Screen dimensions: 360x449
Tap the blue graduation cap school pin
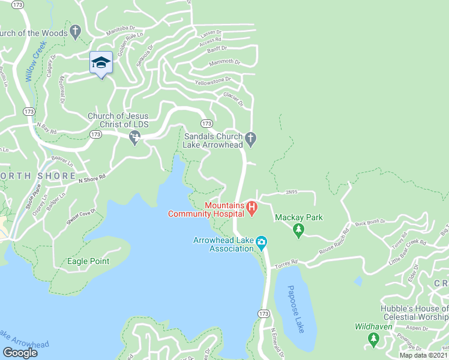pyautogui.click(x=101, y=63)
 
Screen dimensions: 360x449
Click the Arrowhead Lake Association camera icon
pyautogui.click(x=261, y=243)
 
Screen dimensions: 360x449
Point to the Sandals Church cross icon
pyautogui.click(x=252, y=140)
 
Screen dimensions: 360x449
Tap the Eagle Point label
pyautogui.click(x=88, y=261)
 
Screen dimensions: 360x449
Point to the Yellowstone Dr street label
pyautogui.click(x=212, y=80)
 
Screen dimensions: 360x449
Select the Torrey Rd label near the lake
pyautogui.click(x=286, y=263)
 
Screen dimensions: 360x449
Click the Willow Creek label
pyautogui.click(x=32, y=64)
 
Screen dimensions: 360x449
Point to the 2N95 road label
pyautogui.click(x=291, y=192)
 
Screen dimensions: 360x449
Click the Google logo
pyautogui.click(x=20, y=353)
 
